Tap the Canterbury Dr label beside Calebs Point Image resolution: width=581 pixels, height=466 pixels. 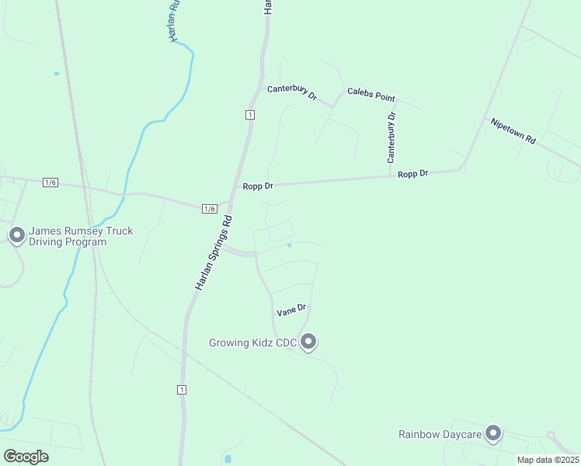pos(292,92)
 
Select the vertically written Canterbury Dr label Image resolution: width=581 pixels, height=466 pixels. pos(392,137)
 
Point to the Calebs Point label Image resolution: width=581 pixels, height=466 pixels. pos(371,95)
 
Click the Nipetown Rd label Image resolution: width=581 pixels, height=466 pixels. pos(513,130)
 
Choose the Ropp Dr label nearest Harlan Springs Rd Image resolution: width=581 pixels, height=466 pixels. pos(258,186)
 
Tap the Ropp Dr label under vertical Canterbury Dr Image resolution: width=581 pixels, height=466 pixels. pos(413,173)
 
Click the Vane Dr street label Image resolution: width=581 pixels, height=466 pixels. pos(292,310)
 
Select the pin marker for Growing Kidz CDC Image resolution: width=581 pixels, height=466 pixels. pos(308,342)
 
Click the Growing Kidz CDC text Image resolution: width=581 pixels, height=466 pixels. pos(253,343)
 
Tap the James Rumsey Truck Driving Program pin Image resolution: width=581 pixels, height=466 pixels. pos(16,235)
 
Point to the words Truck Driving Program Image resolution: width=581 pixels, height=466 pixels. pos(68,242)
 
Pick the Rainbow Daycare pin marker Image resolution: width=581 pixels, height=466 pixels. pos(492,433)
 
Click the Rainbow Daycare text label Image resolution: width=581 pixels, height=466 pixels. pos(440,434)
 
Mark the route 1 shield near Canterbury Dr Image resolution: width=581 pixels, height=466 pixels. pos(249,115)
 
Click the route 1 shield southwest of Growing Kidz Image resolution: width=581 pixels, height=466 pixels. pos(182,389)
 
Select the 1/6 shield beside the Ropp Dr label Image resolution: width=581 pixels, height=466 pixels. pos(209,209)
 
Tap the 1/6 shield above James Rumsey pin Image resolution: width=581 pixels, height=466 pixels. pos(51,183)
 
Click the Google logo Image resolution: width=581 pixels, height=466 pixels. pos(26,456)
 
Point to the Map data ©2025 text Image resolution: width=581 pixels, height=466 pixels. pos(547,460)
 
